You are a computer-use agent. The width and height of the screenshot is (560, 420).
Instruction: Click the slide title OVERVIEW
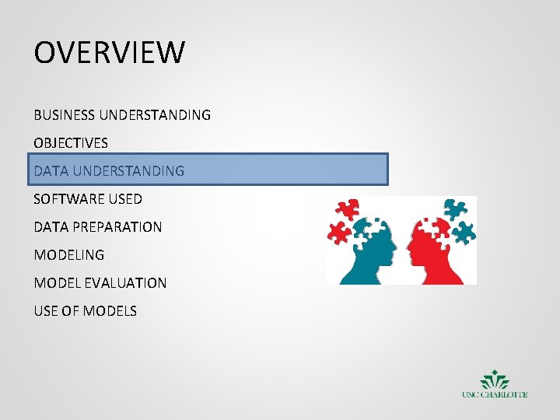click(110, 53)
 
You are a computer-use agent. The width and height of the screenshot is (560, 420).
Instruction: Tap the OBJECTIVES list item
click(71, 143)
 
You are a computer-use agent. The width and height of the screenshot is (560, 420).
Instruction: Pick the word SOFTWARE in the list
click(68, 199)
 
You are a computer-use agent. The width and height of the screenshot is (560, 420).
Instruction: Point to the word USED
click(125, 199)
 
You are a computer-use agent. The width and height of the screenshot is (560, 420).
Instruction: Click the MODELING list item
click(68, 255)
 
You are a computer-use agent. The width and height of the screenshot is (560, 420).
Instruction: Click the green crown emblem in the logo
click(495, 380)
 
